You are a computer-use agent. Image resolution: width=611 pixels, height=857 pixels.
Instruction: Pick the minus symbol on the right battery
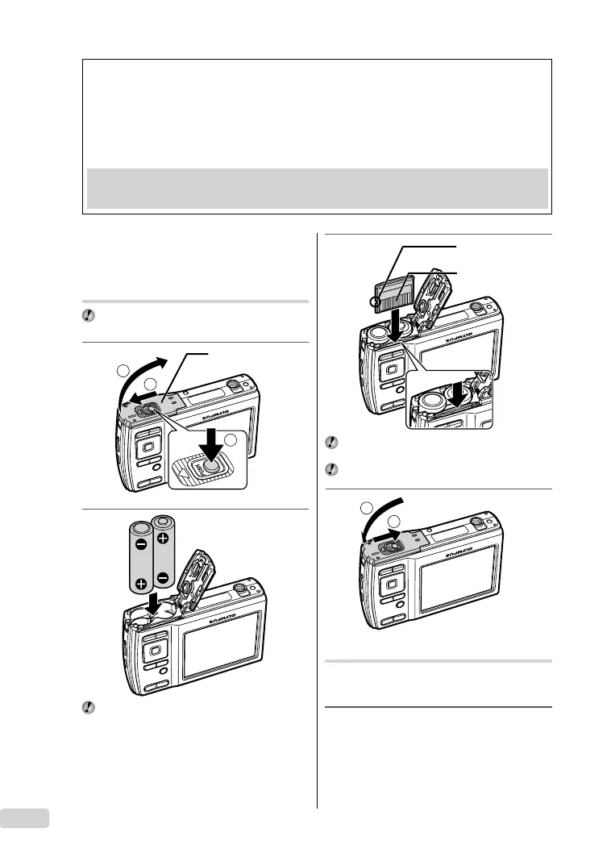coord(162,576)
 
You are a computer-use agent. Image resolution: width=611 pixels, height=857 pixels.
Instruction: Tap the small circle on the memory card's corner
coord(372,304)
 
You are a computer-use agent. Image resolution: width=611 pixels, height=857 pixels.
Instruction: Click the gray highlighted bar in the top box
coord(317,188)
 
